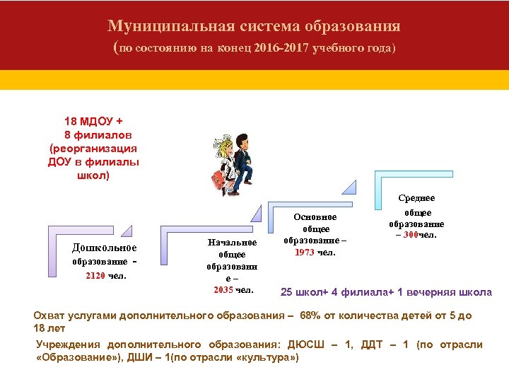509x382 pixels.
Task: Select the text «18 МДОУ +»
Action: (93, 120)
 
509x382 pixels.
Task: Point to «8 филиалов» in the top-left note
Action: (98, 134)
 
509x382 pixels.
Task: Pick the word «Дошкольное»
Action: (105, 248)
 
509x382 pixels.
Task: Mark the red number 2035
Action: (223, 289)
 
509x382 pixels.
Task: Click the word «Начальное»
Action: (232, 242)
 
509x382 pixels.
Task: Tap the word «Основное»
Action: (315, 216)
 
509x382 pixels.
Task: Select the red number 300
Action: (414, 234)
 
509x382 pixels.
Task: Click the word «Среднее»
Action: (417, 198)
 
